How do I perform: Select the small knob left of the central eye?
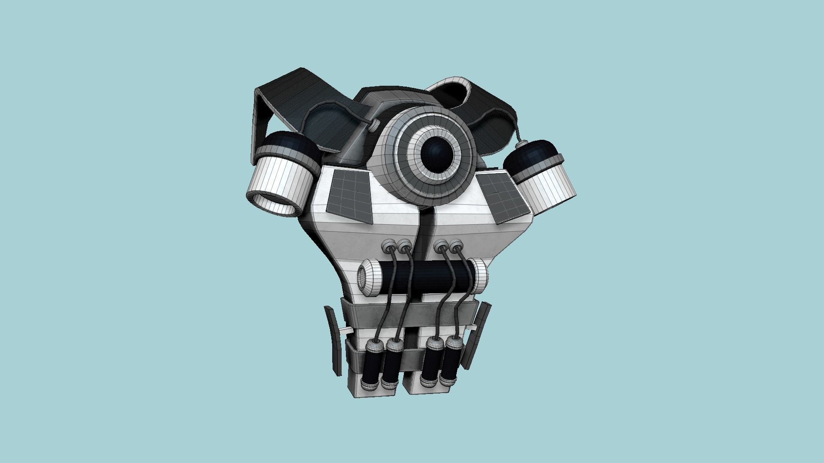click(x=375, y=125)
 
